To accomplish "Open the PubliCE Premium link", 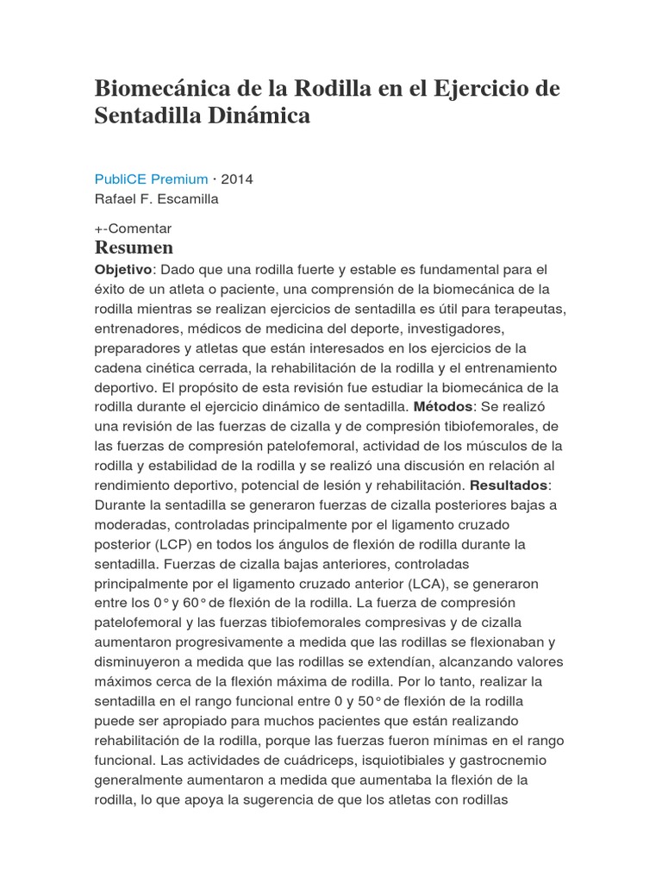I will pos(151,179).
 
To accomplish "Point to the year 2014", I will pos(237,179).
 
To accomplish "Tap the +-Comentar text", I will pos(133,229).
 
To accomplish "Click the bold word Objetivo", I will pos(123,269).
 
